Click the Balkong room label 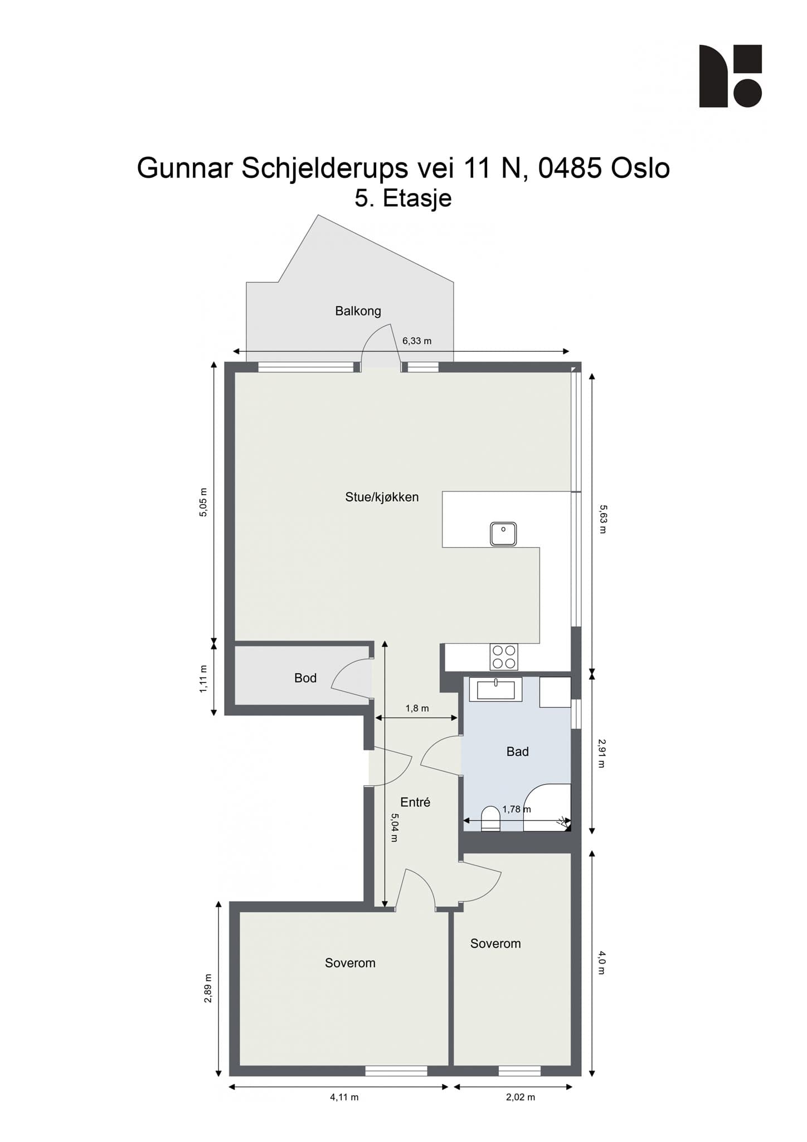click(358, 311)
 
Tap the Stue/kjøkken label click(382, 497)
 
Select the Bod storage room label click(305, 678)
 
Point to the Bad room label click(517, 752)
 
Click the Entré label click(415, 802)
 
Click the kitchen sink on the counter click(503, 534)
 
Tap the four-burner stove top click(504, 656)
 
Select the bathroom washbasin click(495, 689)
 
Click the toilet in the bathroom click(490, 819)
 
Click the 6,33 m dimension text click(417, 341)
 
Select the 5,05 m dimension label click(203, 502)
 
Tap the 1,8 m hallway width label click(417, 708)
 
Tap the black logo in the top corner click(730, 76)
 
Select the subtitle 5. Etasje click(403, 199)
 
